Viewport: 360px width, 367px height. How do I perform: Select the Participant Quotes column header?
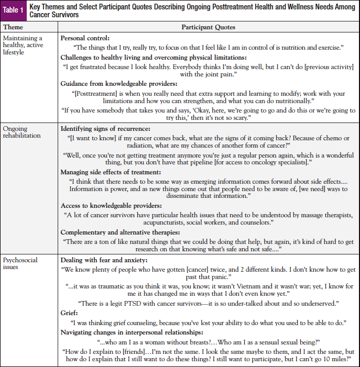coord(208,27)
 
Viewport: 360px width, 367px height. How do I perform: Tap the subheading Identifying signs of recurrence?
coord(113,128)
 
